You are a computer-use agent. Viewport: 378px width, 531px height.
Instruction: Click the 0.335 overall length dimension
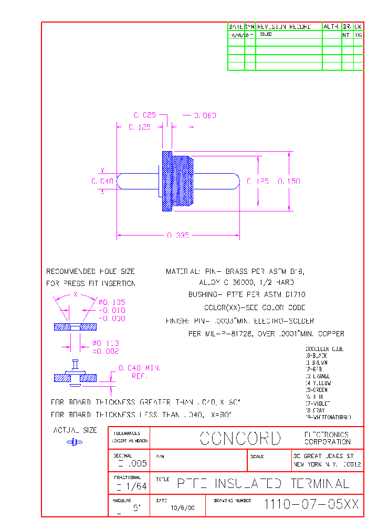(178, 236)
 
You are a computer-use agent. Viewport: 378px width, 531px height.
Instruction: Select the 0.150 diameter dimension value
(289, 181)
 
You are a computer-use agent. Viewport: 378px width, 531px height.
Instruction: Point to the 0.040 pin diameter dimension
(102, 181)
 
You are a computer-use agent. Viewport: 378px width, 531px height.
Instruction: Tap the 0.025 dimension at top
(145, 115)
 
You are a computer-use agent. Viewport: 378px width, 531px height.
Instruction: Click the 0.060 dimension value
(205, 115)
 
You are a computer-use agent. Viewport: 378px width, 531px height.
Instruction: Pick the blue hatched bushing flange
(167, 181)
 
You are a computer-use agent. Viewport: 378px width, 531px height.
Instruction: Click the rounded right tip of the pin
(236, 181)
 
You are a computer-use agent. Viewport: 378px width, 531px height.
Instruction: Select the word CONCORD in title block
(240, 439)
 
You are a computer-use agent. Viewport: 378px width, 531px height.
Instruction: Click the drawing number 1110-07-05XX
(311, 505)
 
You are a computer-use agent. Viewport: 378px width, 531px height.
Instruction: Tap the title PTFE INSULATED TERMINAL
(262, 483)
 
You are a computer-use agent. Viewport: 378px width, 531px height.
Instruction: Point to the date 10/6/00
(182, 508)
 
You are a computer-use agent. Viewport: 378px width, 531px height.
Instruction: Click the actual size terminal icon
(75, 442)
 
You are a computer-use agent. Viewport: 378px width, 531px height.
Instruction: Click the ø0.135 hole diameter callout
(112, 302)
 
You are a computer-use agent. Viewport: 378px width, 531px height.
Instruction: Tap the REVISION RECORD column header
(283, 26)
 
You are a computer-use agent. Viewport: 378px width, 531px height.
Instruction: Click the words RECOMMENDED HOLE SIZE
(90, 272)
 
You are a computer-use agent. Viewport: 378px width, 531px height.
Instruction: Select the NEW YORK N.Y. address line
(327, 465)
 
